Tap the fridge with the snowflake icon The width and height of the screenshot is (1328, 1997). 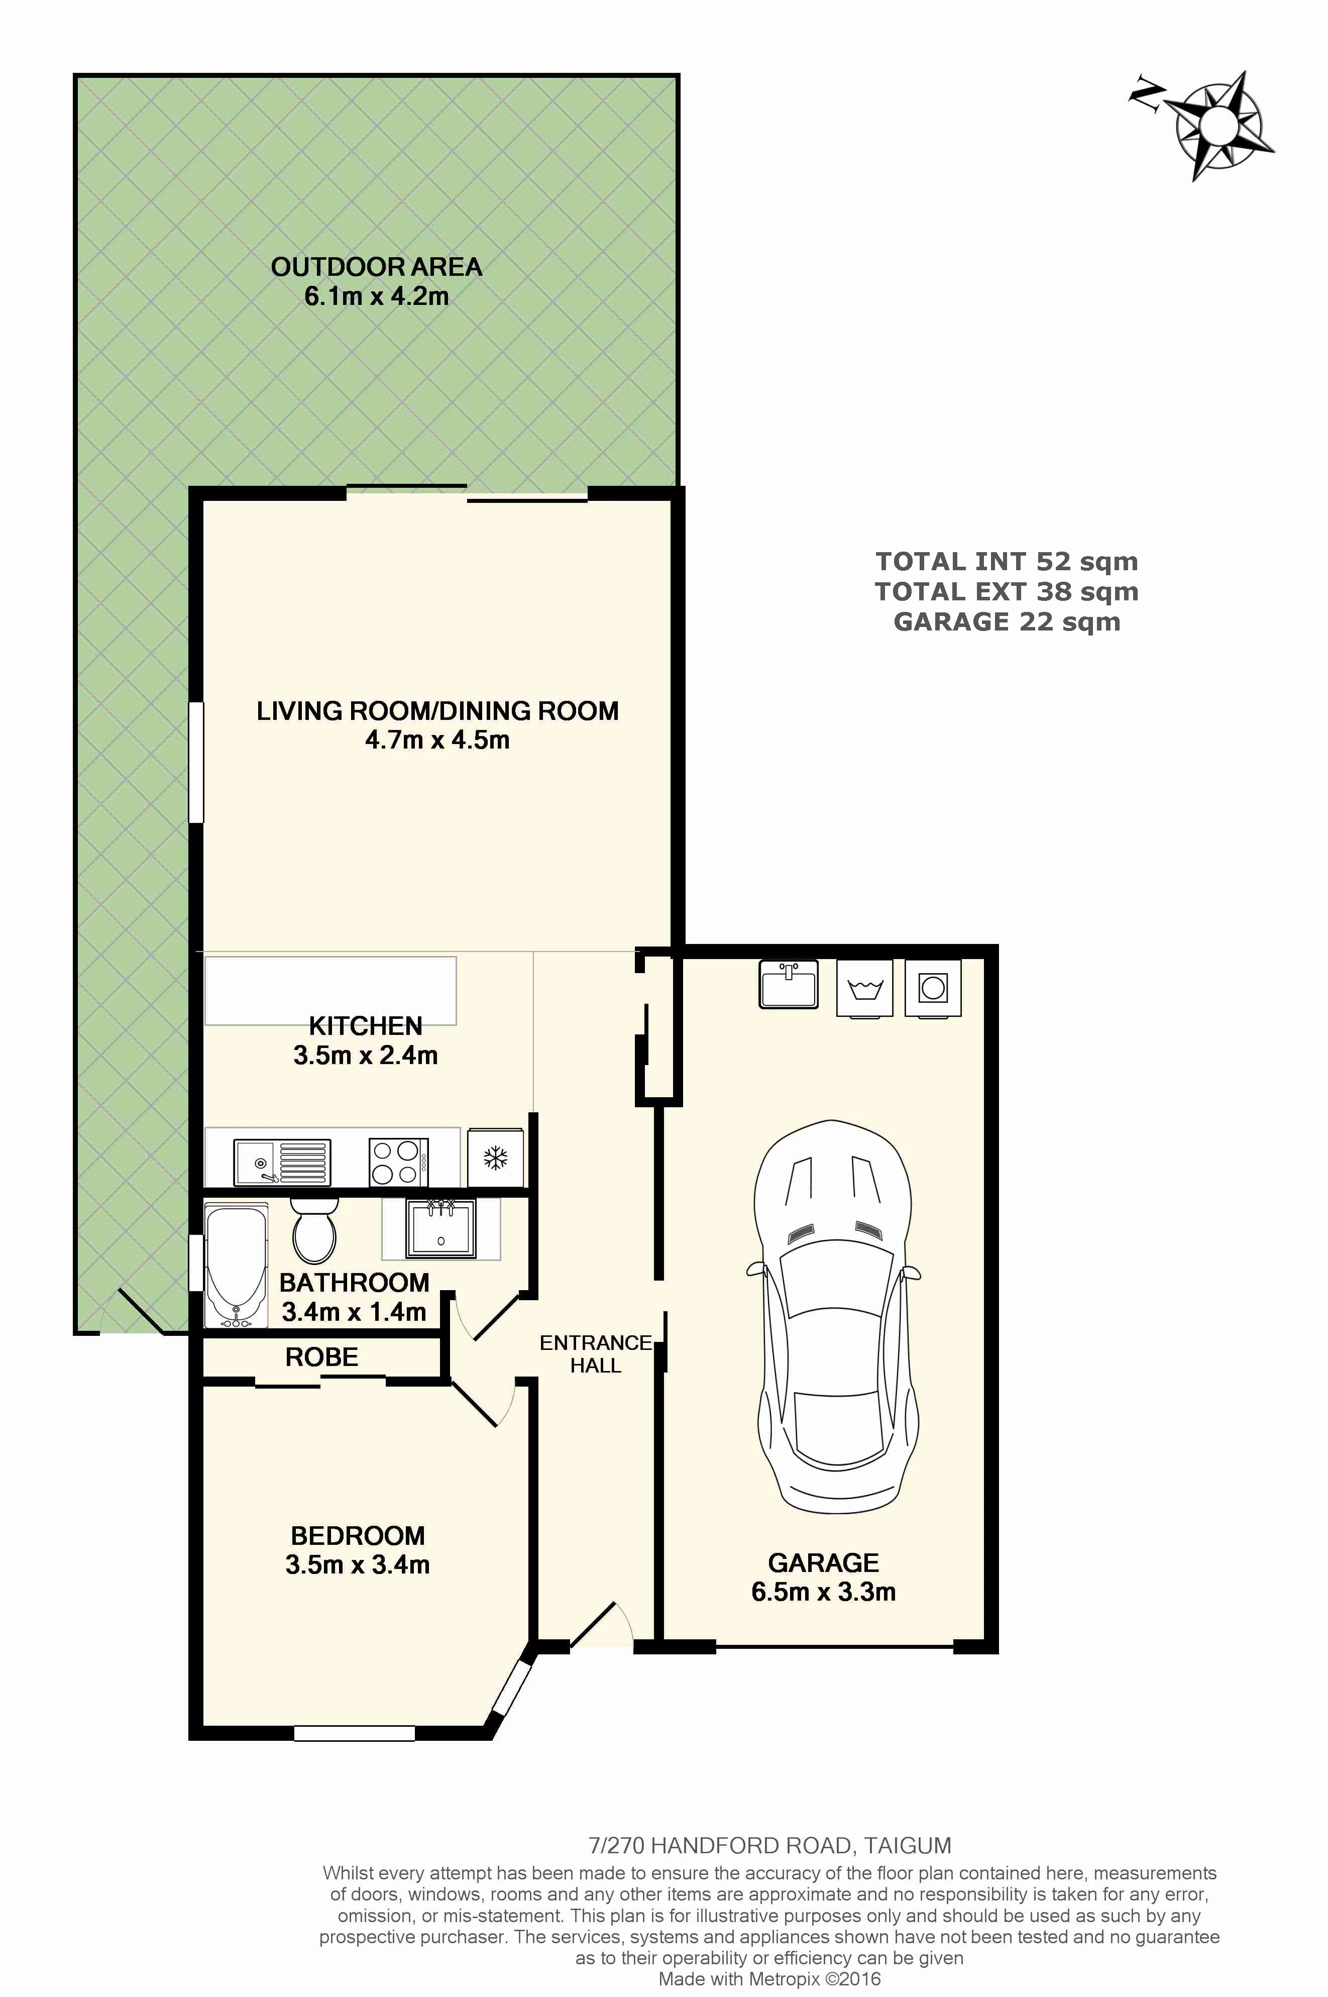pyautogui.click(x=495, y=1158)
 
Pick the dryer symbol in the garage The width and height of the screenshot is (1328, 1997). pyautogui.click(x=933, y=988)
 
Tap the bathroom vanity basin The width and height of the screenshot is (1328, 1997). pyautogui.click(x=440, y=1228)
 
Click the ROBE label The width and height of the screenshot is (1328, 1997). pyautogui.click(x=322, y=1357)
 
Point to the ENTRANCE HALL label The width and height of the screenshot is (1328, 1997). pyautogui.click(x=595, y=1353)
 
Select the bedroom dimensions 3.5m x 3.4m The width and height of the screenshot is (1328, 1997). pyautogui.click(x=358, y=1564)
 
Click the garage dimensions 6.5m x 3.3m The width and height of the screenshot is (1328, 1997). pyautogui.click(x=823, y=1592)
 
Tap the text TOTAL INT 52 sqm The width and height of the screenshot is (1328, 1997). pyautogui.click(x=1007, y=562)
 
